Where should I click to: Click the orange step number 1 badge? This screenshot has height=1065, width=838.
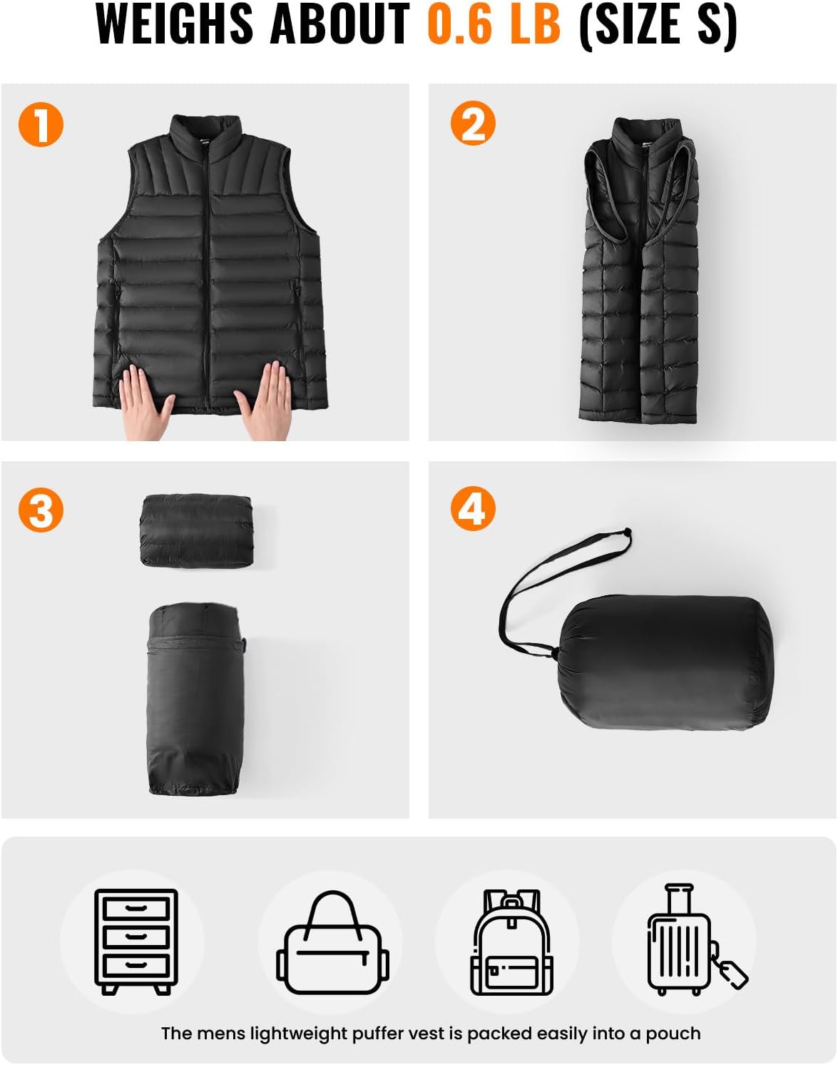41,125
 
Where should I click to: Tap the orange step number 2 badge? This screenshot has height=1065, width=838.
473,123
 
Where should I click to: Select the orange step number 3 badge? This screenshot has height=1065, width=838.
41,510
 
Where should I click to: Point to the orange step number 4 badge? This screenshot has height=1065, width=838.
473,508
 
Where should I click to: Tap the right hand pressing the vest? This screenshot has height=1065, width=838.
265,400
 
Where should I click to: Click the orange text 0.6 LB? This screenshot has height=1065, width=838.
494,24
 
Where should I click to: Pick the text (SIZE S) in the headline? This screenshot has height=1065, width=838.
658,24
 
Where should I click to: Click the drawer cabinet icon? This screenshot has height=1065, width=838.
136,941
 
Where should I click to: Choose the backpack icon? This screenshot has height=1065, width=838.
511,942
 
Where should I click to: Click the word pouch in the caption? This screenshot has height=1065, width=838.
673,1033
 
